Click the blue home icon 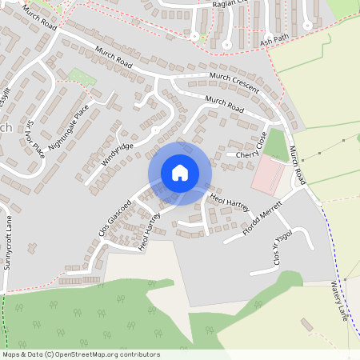point(180,173)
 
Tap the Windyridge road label point(117,150)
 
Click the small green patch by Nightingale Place point(80,77)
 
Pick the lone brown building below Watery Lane point(307,324)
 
